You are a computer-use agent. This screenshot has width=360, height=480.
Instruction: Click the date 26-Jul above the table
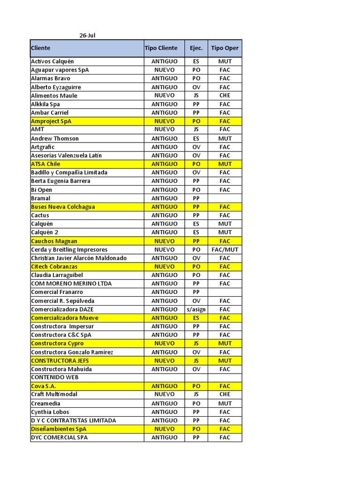[x=87, y=35]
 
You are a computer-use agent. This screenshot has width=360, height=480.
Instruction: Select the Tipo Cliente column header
[x=161, y=48]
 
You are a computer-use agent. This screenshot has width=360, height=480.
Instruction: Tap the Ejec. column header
[x=196, y=48]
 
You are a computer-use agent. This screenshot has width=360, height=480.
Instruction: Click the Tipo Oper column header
[x=225, y=48]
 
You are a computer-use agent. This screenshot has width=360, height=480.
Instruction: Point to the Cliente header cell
[x=41, y=48]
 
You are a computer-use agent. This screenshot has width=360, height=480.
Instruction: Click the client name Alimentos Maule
[x=54, y=96]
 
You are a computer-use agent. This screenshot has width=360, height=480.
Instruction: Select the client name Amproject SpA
[x=51, y=121]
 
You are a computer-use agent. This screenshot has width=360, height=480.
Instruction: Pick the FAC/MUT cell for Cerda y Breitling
[x=225, y=250]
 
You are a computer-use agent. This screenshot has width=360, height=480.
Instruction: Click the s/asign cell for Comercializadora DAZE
[x=196, y=309]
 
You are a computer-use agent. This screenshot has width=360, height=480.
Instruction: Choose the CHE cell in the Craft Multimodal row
[x=225, y=394]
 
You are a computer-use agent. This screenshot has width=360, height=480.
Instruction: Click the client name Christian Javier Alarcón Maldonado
[x=79, y=258]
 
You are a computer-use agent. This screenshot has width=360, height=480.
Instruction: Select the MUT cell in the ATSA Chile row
[x=225, y=164]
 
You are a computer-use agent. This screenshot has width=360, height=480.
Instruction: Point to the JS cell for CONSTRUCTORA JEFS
[x=196, y=360]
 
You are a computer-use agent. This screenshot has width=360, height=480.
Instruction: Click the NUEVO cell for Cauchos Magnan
[x=164, y=241]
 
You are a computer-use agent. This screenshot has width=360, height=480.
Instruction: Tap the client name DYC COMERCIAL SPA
[x=59, y=437]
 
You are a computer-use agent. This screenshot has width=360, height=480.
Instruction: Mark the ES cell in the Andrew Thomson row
[x=196, y=138]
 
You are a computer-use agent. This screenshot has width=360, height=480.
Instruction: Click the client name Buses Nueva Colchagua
[x=63, y=207]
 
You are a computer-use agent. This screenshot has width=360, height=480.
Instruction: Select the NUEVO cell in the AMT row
[x=164, y=129]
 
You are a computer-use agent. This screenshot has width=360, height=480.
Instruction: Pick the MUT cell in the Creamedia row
[x=225, y=403]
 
